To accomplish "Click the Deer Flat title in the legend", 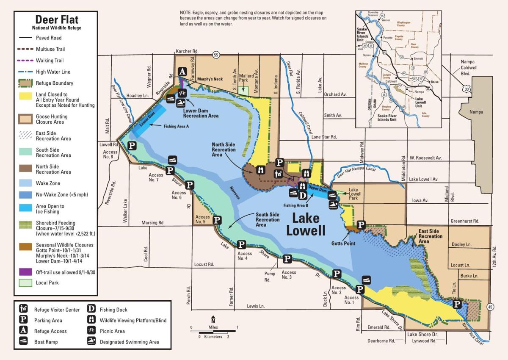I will coord(56,19).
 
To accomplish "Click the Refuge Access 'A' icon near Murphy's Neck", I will coord(182,72).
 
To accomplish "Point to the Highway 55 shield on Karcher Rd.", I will coord(216,55).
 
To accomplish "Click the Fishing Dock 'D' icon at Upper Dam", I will coord(303,195).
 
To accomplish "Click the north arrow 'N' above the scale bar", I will coord(213,318).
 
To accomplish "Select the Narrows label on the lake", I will coord(235,193).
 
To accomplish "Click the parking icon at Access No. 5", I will coord(217,220).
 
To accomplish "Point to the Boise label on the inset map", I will coord(434,82).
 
